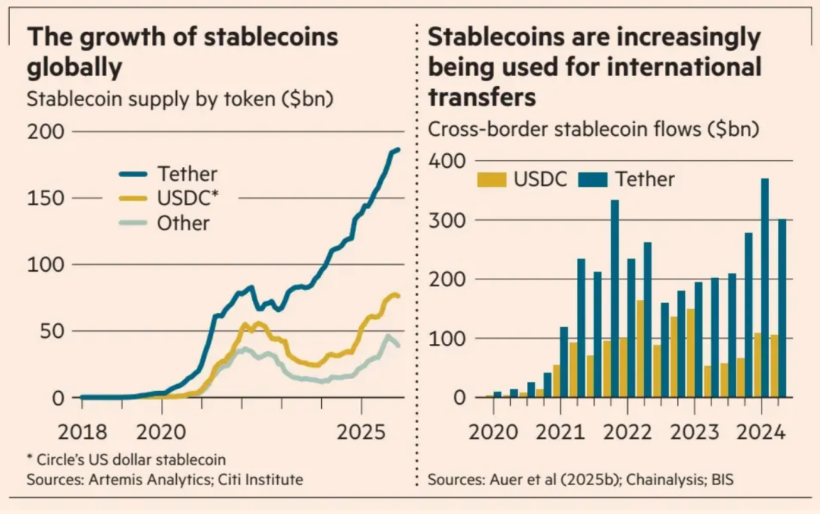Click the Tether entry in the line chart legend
[186, 174]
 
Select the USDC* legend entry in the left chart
[188, 198]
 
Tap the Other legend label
[183, 223]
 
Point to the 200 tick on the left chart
[47, 132]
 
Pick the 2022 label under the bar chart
[629, 432]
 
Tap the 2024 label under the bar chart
[762, 432]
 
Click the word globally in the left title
[74, 68]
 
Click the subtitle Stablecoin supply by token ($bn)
[181, 99]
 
